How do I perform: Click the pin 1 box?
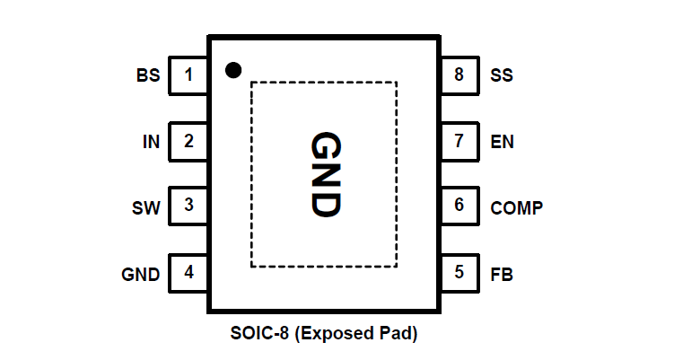coord(188,75)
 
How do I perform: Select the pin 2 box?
coord(188,141)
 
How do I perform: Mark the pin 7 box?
coord(460,141)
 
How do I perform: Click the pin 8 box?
coord(460,75)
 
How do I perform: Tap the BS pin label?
coord(148,75)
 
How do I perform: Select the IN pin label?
coord(152,142)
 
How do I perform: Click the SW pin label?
coord(146,208)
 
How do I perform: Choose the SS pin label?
coord(502,75)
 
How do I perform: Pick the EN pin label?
coord(503,142)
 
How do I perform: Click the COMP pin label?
coord(516,208)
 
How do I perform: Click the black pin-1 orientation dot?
coord(233,68)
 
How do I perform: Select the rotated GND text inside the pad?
coord(325,174)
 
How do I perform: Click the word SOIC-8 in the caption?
coord(259,336)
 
